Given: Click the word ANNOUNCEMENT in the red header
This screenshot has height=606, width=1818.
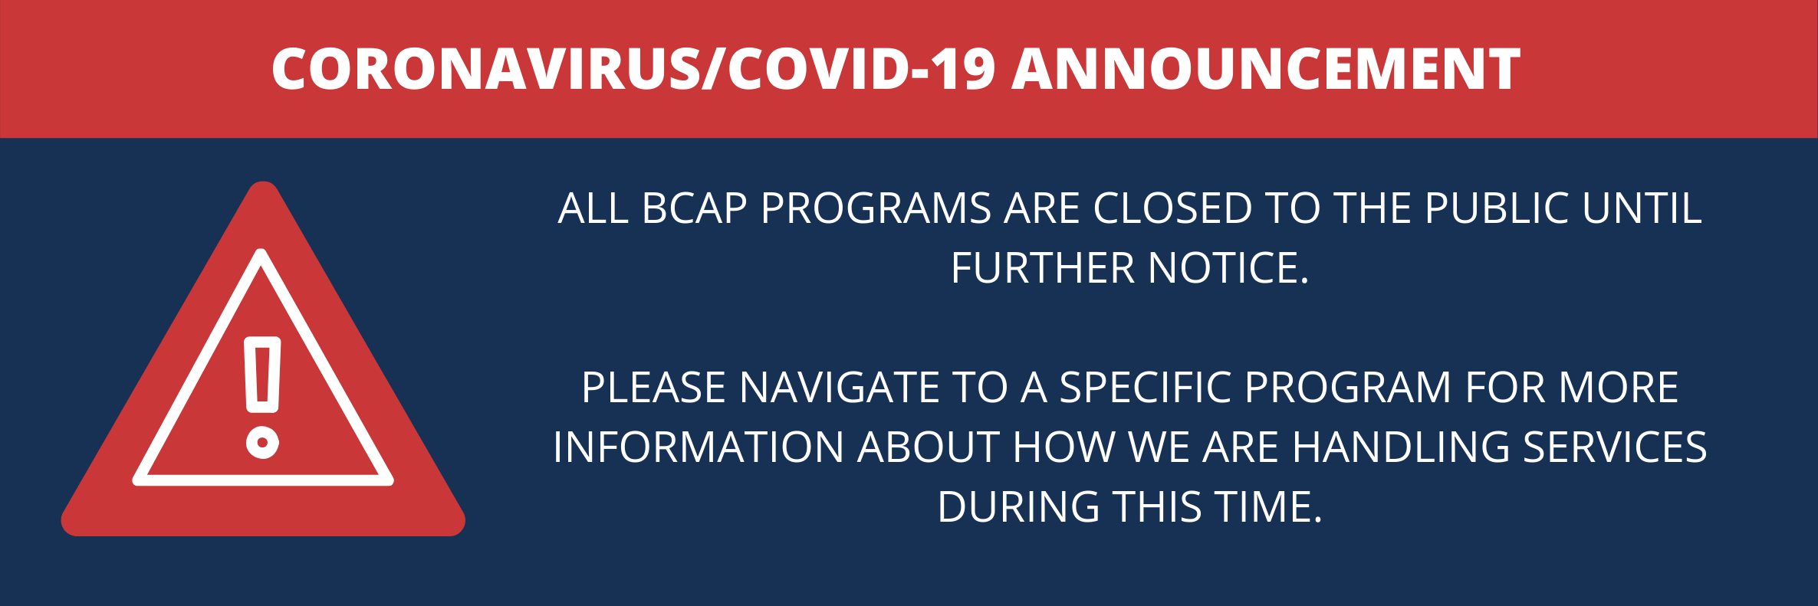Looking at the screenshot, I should click(1266, 70).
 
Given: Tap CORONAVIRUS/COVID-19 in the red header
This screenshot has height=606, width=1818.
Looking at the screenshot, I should click(633, 70).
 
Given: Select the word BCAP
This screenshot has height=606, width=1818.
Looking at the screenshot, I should click(694, 208).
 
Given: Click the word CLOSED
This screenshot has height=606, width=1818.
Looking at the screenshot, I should click(1172, 208).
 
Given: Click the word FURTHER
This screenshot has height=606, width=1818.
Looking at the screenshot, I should click(1042, 268).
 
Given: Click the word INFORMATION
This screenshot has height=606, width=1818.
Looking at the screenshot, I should click(698, 447).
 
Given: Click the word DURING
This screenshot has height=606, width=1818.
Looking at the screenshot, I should click(1018, 507).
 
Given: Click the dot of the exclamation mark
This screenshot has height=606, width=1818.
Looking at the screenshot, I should click(262, 442).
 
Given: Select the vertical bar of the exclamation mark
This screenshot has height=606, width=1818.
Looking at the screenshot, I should click(262, 375).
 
